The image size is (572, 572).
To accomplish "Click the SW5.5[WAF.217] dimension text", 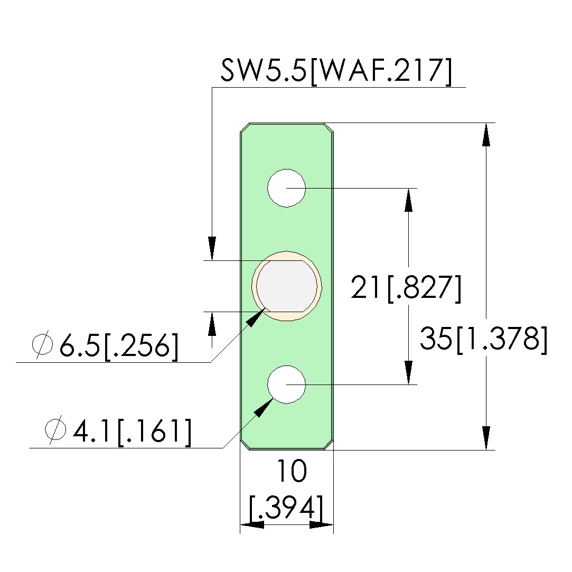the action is (x=336, y=71).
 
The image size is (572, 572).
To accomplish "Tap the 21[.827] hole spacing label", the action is (x=406, y=288).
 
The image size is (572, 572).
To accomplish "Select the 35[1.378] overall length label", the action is (x=484, y=339).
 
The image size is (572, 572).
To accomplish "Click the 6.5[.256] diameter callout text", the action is (x=119, y=346).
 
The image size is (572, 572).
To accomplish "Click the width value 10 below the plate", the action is (x=292, y=471).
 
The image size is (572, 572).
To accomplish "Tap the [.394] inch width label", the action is (x=286, y=508).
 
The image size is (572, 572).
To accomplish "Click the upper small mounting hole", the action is (x=286, y=188).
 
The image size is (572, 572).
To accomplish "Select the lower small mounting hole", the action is (x=286, y=385).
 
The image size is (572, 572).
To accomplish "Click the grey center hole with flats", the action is (x=287, y=286).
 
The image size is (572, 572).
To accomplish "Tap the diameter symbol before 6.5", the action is (x=42, y=344).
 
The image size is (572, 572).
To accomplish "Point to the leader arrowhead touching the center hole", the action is (x=256, y=317).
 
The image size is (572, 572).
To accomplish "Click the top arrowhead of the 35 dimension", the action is (x=486, y=135).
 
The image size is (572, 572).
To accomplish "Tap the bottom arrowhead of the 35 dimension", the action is (x=486, y=438).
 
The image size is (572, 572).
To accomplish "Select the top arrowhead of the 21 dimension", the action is (x=409, y=200).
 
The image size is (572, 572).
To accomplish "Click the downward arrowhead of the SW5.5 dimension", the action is (x=212, y=249).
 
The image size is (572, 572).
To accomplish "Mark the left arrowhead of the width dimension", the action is (x=252, y=525).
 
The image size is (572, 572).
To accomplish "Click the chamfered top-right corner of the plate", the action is (x=329, y=128).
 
